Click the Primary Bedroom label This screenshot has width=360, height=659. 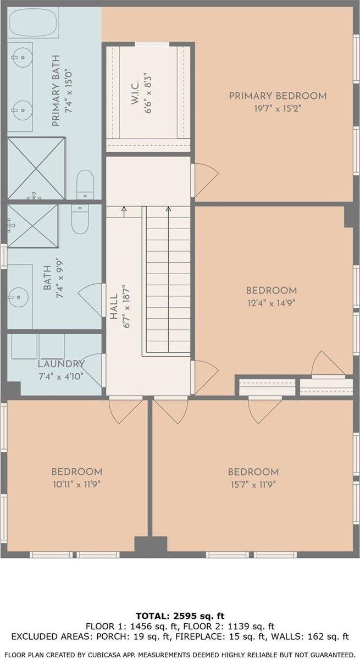278,96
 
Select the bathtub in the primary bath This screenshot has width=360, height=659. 33,23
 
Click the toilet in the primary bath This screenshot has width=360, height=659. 86,184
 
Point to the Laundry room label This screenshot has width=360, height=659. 61,364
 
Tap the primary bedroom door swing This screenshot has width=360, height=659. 205,180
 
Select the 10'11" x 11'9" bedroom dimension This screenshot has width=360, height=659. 77,484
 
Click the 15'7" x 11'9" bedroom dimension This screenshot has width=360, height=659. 253,484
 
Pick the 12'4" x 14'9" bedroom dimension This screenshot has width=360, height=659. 272,303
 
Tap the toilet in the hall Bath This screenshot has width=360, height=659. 79,219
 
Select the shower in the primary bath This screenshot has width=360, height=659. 36,168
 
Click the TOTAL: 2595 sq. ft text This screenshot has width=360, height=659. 180,617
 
